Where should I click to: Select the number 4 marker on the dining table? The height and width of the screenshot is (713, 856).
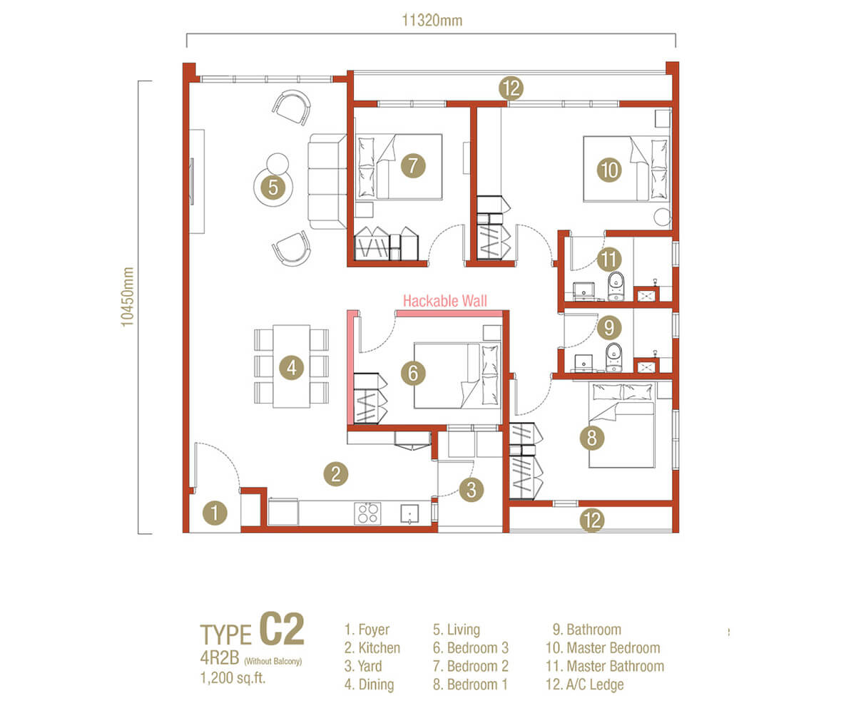[x=291, y=368]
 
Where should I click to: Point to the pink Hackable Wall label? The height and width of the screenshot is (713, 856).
[x=445, y=302]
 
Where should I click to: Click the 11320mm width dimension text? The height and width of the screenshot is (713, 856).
[x=431, y=21]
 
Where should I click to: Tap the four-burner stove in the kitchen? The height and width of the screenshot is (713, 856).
[x=367, y=513]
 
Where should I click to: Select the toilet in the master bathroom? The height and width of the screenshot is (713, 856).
[x=616, y=287]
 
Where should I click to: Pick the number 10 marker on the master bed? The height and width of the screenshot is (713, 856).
[x=611, y=170]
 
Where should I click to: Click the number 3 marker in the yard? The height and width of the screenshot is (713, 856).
[x=472, y=490]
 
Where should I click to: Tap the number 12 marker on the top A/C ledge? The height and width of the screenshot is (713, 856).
[x=511, y=88]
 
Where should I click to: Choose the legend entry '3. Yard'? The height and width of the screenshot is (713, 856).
[x=363, y=667]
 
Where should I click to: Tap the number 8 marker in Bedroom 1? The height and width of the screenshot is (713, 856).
[x=592, y=438]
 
